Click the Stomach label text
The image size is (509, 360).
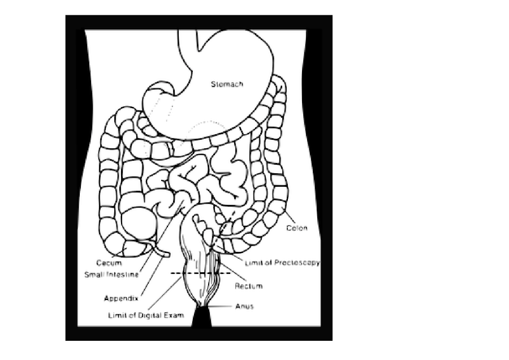[227, 84]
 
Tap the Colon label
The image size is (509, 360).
[296, 228]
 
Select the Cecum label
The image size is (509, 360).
[109, 263]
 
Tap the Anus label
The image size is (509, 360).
[244, 307]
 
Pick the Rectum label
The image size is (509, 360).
[249, 286]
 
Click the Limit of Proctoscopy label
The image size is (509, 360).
[282, 263]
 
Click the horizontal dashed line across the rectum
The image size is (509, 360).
[201, 273]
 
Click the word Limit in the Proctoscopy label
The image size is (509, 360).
[252, 263]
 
